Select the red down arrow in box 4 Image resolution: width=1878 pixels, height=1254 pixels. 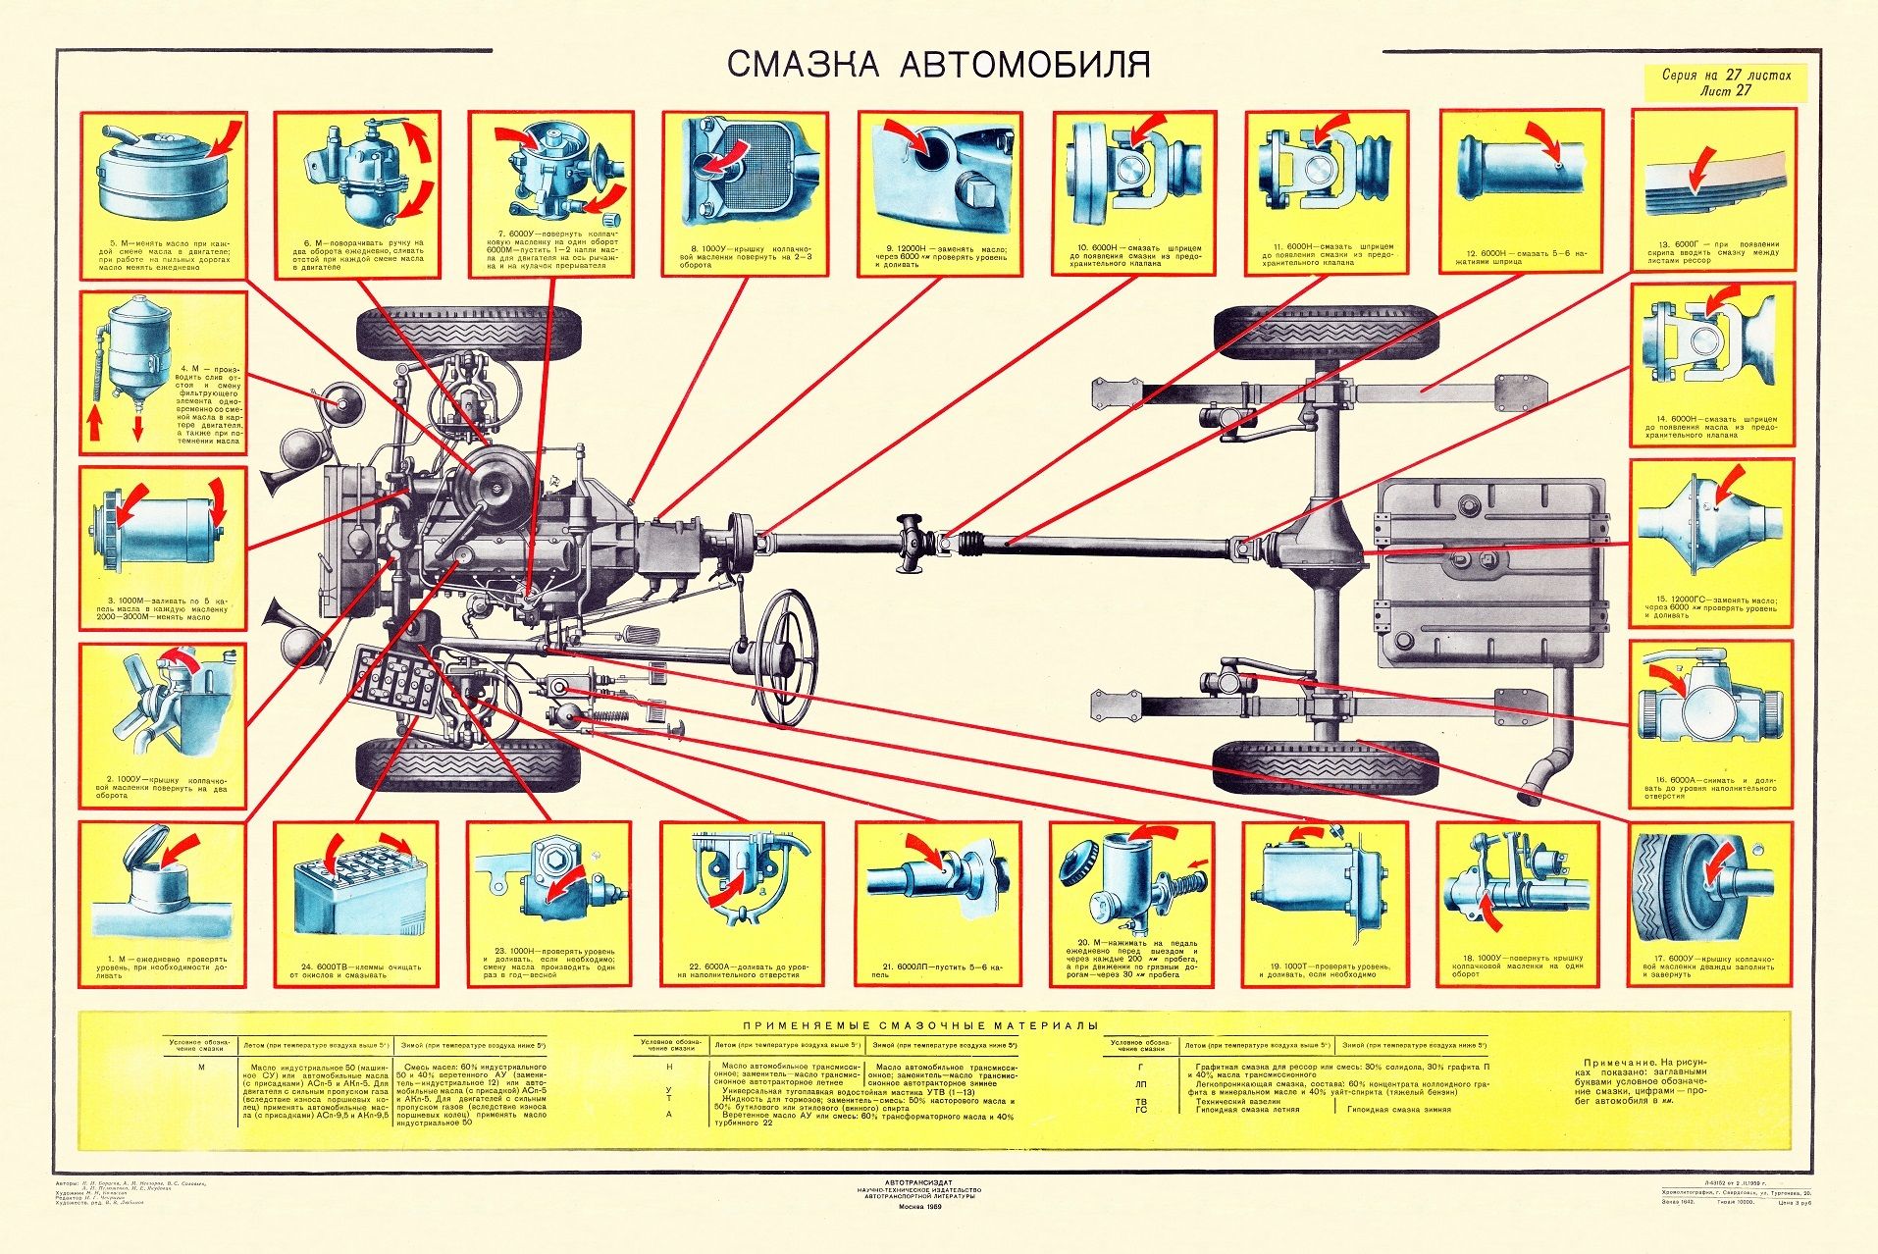pyautogui.click(x=137, y=426)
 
